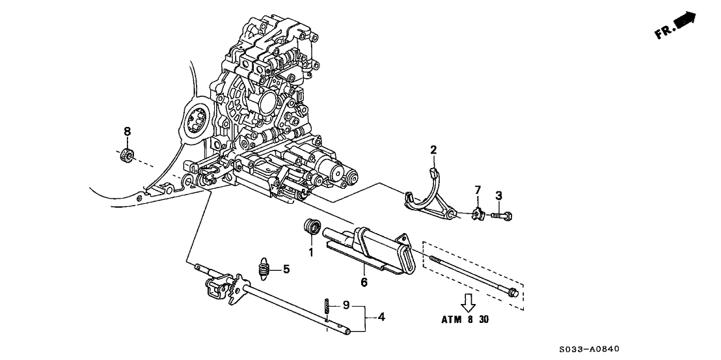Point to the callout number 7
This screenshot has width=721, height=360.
477,189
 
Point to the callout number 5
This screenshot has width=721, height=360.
286,268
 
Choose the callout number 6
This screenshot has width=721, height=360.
364,282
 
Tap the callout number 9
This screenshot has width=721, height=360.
347,305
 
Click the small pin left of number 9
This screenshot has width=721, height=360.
327,305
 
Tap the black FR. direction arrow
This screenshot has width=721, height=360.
684,23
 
